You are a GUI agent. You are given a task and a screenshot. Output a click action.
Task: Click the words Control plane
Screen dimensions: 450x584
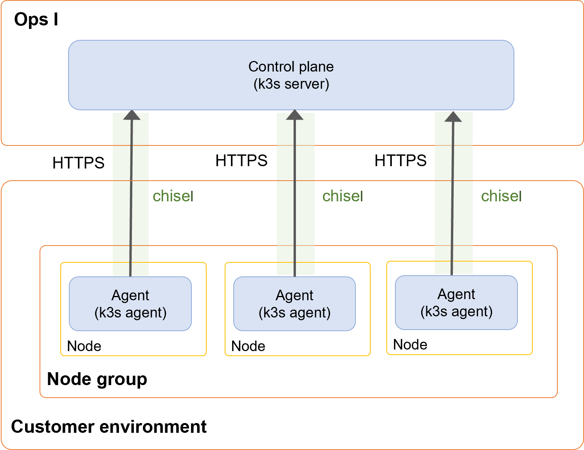[x=291, y=66]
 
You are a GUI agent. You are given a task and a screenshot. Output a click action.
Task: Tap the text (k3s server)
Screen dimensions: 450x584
[x=291, y=84]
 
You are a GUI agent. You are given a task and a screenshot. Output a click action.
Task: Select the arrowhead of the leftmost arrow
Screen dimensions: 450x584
[x=132, y=115]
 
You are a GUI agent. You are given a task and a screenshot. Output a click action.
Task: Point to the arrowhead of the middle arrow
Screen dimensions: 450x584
[x=295, y=115]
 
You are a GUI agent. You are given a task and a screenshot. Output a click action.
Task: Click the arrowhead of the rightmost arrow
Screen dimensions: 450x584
[x=453, y=117]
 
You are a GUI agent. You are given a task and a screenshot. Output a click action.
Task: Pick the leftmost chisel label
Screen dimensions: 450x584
[x=173, y=196]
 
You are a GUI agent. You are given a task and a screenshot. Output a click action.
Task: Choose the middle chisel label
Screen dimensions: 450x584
[x=342, y=196]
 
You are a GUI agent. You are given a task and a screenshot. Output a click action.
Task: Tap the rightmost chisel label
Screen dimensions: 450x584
[x=501, y=196]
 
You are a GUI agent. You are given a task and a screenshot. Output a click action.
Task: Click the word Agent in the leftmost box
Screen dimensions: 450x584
[x=130, y=295]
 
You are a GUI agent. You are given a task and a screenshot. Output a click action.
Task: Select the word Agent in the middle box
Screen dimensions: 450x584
[x=294, y=295]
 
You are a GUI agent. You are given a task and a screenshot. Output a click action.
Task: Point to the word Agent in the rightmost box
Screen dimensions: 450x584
[x=456, y=294]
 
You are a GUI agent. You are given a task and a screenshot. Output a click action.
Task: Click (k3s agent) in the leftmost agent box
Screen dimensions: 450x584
[x=130, y=313]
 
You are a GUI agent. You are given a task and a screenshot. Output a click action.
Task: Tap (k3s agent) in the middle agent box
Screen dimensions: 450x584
[x=294, y=313]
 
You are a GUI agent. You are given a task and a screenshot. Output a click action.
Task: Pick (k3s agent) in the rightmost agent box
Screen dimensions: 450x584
[x=456, y=312]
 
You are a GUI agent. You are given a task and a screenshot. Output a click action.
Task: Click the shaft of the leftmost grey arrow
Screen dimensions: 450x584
[x=131, y=195]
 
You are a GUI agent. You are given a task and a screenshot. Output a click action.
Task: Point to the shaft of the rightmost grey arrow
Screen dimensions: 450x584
[x=452, y=195]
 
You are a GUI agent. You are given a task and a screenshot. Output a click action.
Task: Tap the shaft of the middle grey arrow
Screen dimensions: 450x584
[x=295, y=195]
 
